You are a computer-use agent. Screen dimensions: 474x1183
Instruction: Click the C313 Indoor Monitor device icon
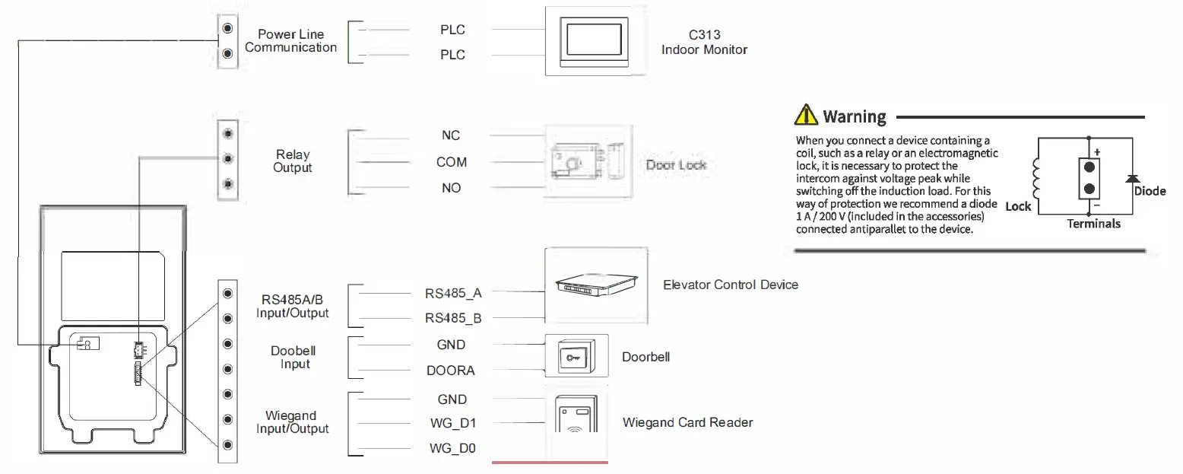click(596, 41)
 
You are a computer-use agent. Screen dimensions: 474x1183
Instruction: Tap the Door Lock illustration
click(588, 162)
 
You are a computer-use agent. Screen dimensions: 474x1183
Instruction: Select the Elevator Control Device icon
click(597, 283)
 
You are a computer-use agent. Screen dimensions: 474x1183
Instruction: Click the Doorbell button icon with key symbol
click(576, 356)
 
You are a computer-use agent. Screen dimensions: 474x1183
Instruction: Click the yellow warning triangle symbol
click(805, 116)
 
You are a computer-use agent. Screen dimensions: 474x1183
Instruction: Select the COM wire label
click(452, 162)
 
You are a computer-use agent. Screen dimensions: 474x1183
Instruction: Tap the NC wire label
click(451, 135)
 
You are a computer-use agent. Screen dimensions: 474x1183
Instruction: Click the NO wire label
click(451, 188)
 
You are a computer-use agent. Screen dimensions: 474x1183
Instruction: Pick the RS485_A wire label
click(453, 292)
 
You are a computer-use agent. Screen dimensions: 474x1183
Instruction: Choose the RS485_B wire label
click(453, 318)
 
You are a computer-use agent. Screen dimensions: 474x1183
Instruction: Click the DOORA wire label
click(452, 371)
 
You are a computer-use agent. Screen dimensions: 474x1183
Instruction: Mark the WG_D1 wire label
click(452, 423)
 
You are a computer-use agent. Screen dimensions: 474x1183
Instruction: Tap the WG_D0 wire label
click(452, 449)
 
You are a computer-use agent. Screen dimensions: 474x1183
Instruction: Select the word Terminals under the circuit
click(1093, 224)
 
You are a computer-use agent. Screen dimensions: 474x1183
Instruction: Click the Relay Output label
click(293, 161)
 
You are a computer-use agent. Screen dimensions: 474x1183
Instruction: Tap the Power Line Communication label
click(291, 41)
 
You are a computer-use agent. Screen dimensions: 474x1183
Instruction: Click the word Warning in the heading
click(855, 116)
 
